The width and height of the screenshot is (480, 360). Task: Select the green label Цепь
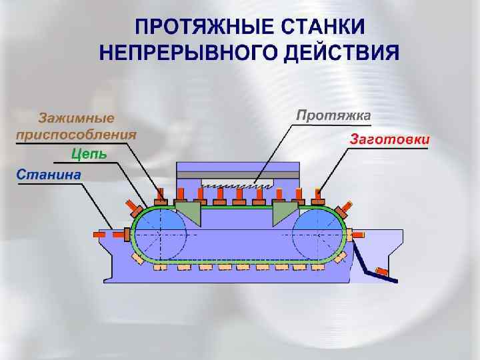89,154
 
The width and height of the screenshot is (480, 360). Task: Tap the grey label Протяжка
333,115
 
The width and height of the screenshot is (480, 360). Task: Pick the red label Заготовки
389,140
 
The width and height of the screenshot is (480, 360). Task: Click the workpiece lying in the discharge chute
381,272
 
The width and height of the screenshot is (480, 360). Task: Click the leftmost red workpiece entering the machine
118,235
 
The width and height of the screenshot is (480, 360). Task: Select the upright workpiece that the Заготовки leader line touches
318,196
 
